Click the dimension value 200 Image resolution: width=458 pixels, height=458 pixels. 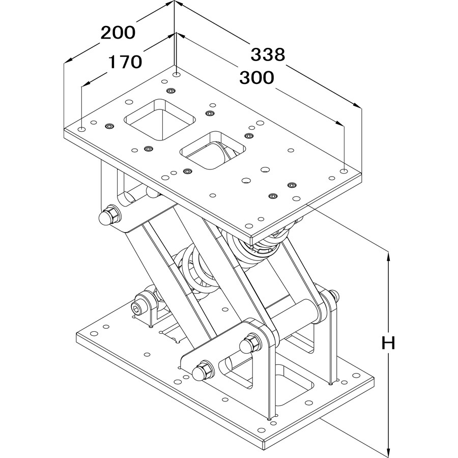(118, 33)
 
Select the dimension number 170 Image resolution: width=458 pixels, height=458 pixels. (124, 62)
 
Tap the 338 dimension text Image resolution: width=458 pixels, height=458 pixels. (268, 54)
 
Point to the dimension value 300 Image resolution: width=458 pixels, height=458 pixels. (256, 77)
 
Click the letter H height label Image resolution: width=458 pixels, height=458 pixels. (389, 343)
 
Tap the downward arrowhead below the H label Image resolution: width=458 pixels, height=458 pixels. (389, 451)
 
